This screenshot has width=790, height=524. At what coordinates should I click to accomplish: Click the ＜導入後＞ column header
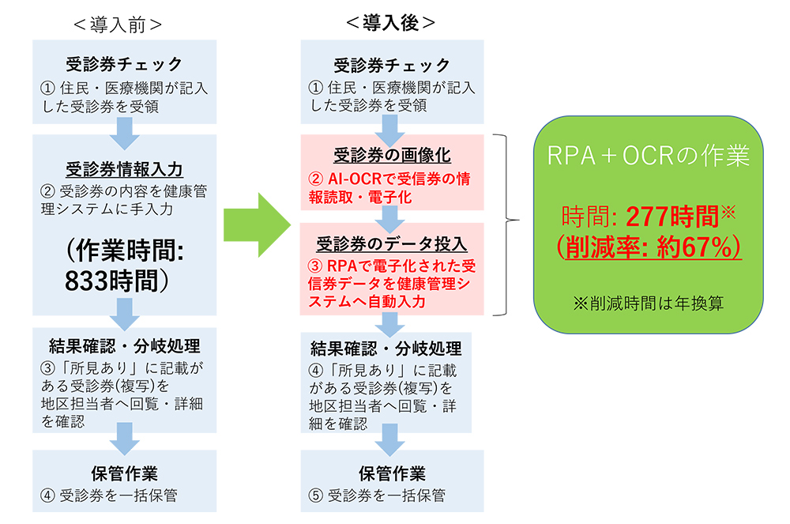click(x=390, y=24)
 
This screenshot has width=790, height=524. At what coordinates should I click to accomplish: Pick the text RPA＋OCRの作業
click(x=649, y=156)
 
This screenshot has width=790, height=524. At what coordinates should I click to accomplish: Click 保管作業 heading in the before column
click(x=123, y=473)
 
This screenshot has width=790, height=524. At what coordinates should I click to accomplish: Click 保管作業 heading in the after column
click(x=392, y=473)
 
